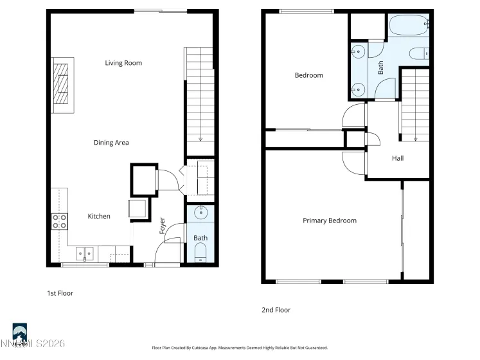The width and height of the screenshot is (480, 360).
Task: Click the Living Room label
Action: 123,63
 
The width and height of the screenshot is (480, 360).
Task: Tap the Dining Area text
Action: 111,143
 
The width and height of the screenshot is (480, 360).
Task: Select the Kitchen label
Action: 99,217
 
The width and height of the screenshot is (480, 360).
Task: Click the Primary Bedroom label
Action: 329,221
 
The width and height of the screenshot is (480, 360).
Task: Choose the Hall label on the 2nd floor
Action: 398,159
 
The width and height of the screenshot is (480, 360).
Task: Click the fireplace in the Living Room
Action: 63,84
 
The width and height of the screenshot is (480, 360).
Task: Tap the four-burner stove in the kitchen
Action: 59,222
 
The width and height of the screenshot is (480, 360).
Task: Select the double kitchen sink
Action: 84,252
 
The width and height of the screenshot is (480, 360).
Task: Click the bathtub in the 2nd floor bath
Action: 409,26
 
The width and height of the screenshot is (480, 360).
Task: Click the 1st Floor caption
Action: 60,293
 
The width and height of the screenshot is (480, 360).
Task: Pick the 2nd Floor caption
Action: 276,310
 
